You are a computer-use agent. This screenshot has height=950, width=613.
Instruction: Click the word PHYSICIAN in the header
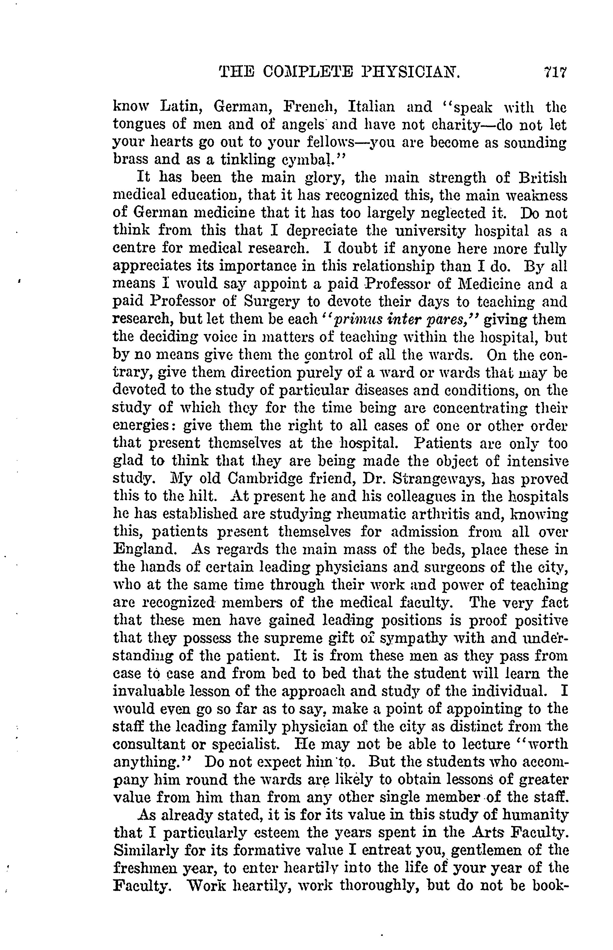(x=411, y=73)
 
